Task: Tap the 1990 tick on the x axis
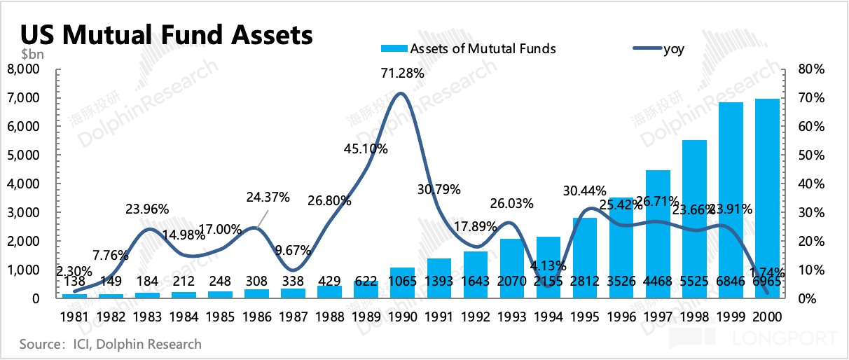pos(403,316)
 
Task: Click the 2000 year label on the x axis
pos(767,316)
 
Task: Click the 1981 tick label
pos(75,316)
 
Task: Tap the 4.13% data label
pos(548,265)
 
